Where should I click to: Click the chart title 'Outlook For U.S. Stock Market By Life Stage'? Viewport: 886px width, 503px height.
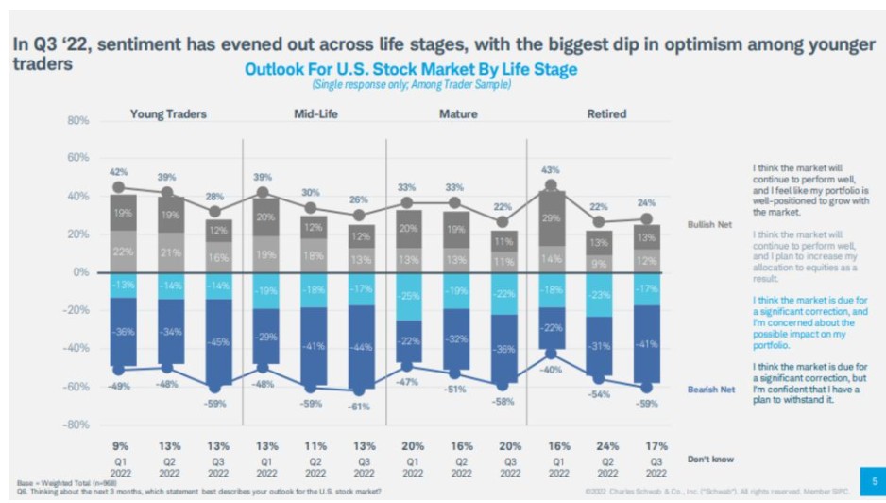tap(410, 69)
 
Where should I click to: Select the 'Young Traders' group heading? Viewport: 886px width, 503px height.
tap(168, 114)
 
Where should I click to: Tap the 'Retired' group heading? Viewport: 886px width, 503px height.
tap(606, 114)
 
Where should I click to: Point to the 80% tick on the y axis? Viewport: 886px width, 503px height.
tap(77, 122)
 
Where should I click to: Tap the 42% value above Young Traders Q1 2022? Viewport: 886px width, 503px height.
tap(118, 172)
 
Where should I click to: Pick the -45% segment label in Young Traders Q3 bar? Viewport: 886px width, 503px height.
tap(217, 342)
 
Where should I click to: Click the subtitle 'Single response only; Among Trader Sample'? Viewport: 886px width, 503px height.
tap(410, 85)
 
